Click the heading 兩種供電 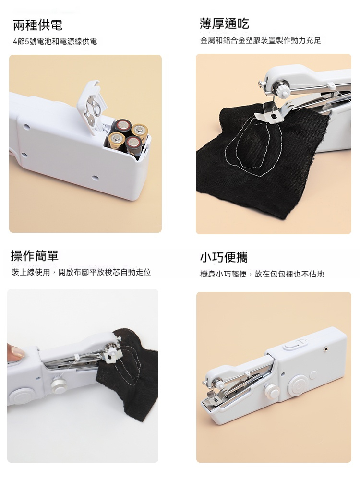[x=38, y=25]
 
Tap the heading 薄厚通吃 [x=224, y=24]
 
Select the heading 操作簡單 [x=35, y=256]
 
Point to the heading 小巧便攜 [x=224, y=257]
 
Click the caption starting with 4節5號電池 [x=55, y=41]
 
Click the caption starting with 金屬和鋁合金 [x=261, y=40]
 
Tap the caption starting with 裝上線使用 [x=82, y=272]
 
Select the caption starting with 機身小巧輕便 [x=262, y=274]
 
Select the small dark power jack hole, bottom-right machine [x=325, y=348]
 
